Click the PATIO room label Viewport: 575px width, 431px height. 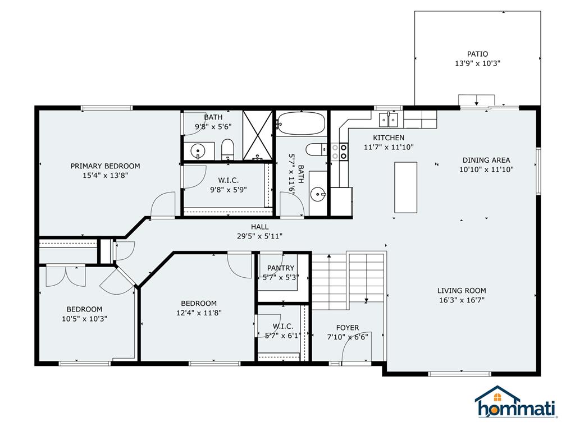(477, 54)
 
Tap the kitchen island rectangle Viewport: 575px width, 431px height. (405, 187)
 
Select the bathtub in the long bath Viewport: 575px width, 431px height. (301, 123)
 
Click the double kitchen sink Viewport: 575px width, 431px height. (388, 120)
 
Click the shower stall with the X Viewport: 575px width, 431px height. (257, 135)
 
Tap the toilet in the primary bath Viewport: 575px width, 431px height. (227, 149)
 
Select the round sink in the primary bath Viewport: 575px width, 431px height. (198, 150)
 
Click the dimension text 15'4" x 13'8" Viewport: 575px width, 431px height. (105, 175)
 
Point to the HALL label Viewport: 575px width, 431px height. (259, 227)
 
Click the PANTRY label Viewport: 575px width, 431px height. (281, 268)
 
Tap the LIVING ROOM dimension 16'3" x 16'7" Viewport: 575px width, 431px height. (462, 300)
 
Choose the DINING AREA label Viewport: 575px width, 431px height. (486, 160)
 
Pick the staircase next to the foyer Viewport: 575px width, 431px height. (348, 281)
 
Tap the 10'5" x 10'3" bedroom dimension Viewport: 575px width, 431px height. (84, 318)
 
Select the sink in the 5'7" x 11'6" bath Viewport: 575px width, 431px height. (318, 195)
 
